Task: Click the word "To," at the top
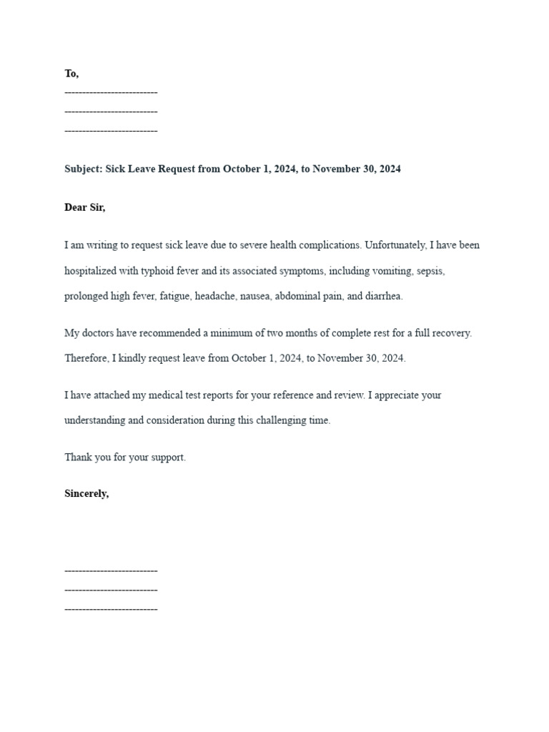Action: tap(71, 74)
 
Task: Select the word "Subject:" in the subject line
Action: tap(84, 169)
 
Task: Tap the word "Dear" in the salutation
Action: tap(76, 207)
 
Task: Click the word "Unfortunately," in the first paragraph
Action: tap(395, 245)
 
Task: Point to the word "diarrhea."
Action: tap(384, 297)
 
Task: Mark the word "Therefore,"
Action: tap(86, 358)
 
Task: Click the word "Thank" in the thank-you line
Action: tap(76, 457)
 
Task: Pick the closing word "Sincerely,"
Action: tap(86, 493)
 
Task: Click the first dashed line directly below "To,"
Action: tap(111, 93)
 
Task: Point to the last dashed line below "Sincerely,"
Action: tap(111, 609)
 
